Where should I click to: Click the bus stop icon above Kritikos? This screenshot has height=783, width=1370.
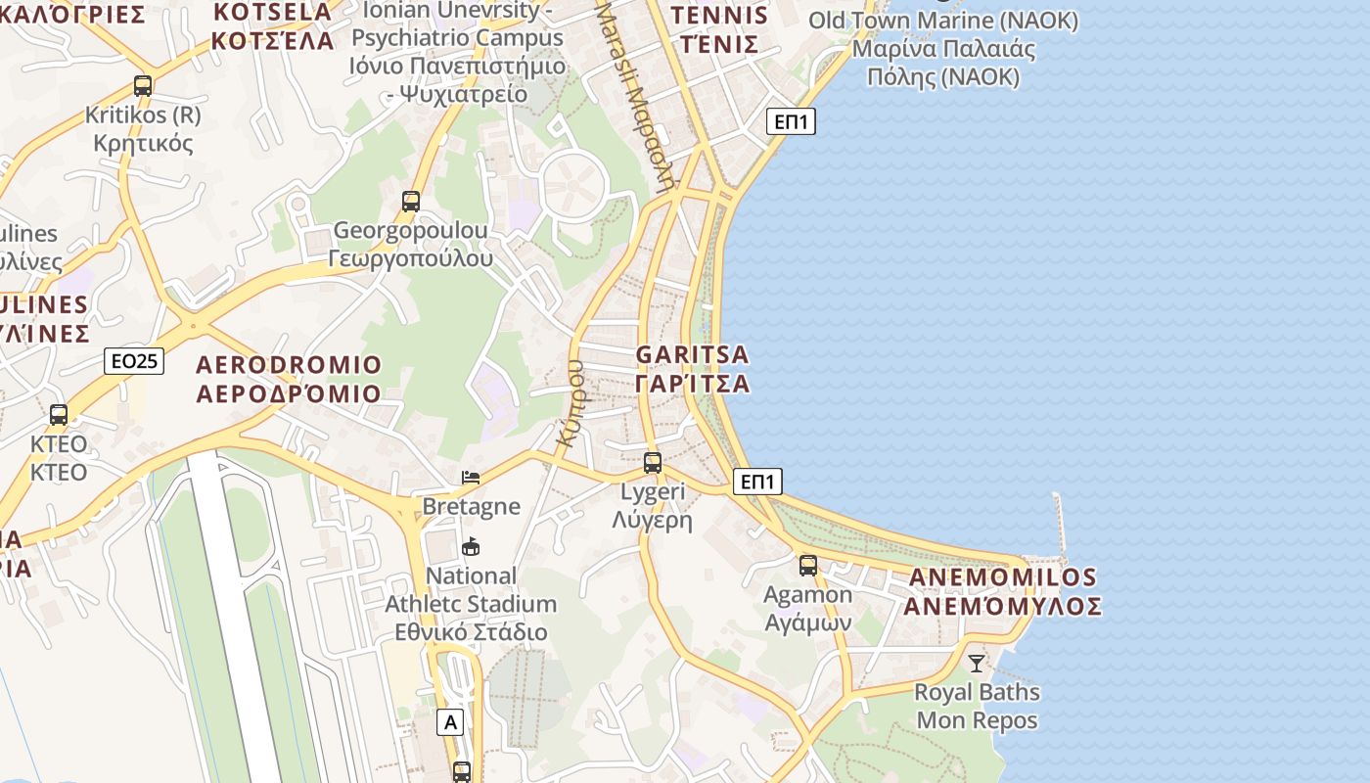point(143,86)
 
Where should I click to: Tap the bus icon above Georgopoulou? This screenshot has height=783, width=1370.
point(411,202)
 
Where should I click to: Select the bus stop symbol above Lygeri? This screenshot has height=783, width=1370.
point(653,463)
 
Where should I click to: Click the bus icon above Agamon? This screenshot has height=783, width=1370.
point(807,565)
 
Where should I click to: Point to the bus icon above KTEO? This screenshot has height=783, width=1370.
point(59,414)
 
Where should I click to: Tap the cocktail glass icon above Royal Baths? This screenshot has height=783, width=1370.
point(977,663)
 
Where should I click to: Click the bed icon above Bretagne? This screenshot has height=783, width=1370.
point(471,478)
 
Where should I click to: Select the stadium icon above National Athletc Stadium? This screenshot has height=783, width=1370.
point(471,546)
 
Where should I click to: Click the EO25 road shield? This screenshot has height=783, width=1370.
point(134,361)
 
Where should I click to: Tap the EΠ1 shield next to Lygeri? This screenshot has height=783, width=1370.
point(757,482)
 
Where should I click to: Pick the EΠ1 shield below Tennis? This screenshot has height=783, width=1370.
point(790,121)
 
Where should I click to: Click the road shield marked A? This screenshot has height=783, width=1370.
point(450,722)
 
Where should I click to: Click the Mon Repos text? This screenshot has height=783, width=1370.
point(977,721)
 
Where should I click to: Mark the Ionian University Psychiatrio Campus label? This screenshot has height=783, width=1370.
point(458,52)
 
